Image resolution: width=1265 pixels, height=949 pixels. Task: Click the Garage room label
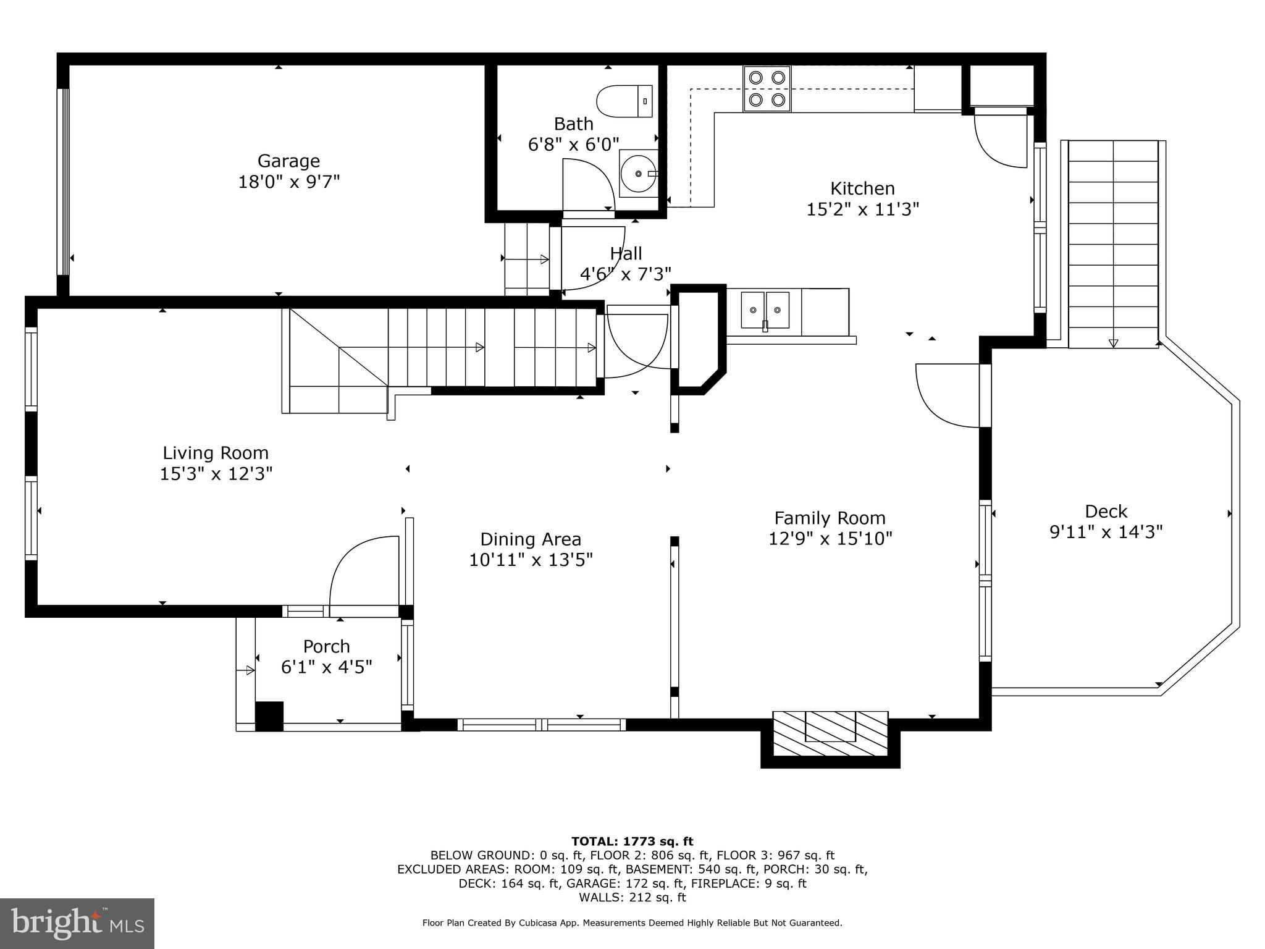pos(288,161)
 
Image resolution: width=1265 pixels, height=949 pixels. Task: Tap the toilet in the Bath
pos(624,101)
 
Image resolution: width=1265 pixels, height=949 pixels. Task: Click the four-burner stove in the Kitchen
pos(767,88)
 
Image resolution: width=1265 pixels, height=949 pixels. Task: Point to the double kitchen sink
pos(765,310)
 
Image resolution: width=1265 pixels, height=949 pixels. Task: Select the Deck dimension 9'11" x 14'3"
pos(1106,532)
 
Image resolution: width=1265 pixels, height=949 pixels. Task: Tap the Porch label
pos(326,646)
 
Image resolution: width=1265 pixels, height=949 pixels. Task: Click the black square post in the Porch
pos(269,716)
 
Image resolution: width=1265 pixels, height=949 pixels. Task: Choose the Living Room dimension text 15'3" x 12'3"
pos(216,474)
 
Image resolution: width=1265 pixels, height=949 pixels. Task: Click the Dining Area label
pos(531,539)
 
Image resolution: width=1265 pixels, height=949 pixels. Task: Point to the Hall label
pos(626,253)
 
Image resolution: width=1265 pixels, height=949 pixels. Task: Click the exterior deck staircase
pos(1112,244)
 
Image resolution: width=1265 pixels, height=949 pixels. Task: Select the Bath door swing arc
pos(590,182)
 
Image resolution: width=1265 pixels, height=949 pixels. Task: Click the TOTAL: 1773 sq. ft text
pos(632,841)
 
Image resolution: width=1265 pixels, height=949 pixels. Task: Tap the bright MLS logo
pos(77,923)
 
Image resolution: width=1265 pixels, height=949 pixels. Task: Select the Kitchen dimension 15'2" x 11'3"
pos(862,209)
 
